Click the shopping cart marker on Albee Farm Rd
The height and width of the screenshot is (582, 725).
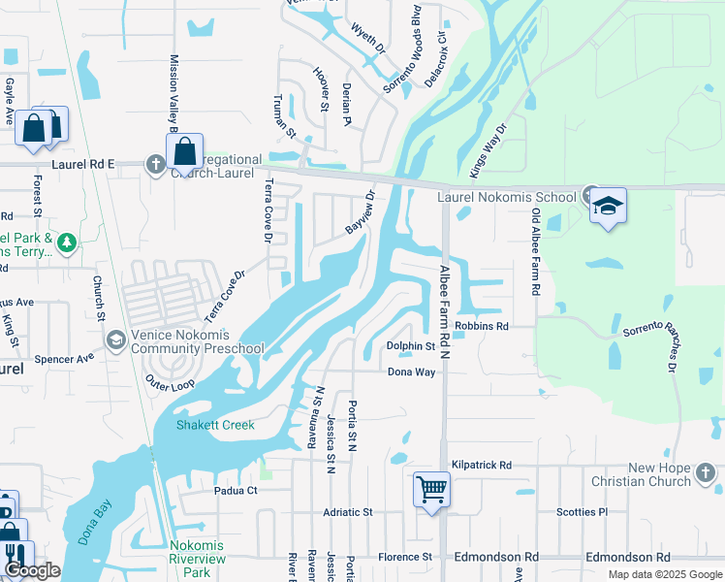click(431, 488)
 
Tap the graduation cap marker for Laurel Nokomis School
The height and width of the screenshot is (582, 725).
click(608, 206)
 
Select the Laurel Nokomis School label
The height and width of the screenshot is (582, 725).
click(506, 197)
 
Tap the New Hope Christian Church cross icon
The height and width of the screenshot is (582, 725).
click(706, 472)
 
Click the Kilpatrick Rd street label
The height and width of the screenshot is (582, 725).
click(480, 466)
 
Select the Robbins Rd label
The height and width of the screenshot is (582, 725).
click(482, 327)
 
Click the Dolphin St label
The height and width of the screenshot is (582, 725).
click(411, 346)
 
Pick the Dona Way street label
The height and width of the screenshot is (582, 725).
click(411, 372)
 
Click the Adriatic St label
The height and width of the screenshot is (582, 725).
click(347, 511)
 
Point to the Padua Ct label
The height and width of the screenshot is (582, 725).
click(236, 491)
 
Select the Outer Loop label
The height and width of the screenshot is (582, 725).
click(170, 382)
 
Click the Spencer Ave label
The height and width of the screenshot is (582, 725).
click(64, 359)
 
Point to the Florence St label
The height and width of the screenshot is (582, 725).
click(404, 557)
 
